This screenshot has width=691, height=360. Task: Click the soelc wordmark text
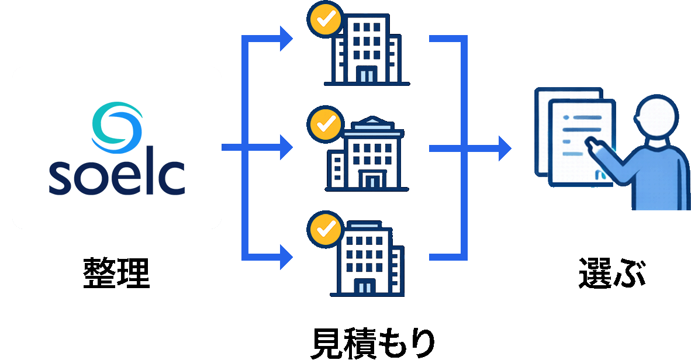tap(117, 176)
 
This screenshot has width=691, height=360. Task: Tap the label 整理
tap(117, 273)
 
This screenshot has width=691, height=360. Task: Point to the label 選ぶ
tap(612, 273)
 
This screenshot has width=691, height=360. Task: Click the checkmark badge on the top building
tap(324, 21)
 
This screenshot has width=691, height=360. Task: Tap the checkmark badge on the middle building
tap(324, 123)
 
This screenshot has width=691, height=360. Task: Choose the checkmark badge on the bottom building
tap(324, 229)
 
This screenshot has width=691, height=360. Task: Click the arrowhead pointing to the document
tap(504, 148)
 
